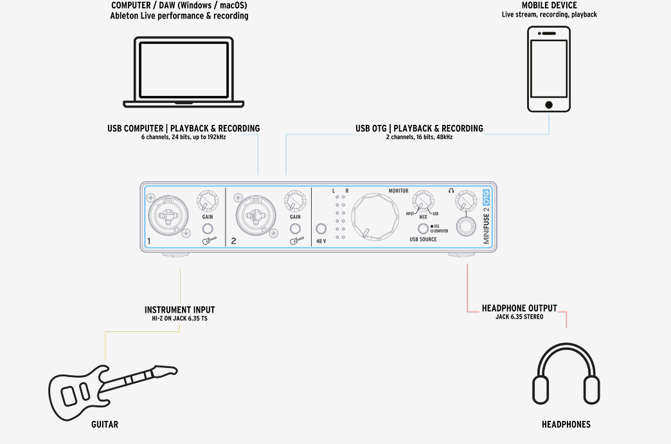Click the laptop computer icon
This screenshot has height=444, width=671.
click(x=179, y=72)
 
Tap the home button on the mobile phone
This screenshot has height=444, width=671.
click(x=548, y=104)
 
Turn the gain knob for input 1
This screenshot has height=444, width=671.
click(x=208, y=201)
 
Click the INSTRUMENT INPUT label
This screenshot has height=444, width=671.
click(x=180, y=310)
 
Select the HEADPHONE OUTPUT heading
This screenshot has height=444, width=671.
click(x=519, y=308)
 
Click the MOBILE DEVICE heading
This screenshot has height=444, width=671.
click(x=549, y=6)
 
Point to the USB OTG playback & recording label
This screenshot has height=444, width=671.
click(x=419, y=129)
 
